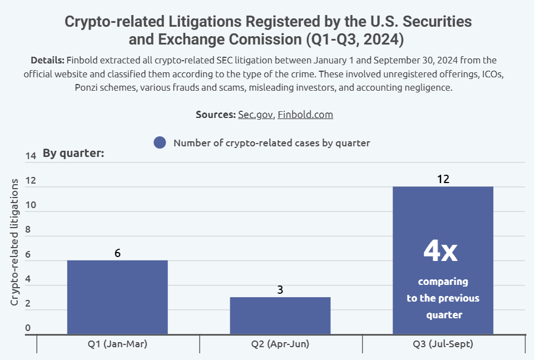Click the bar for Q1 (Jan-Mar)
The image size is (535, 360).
tap(117, 297)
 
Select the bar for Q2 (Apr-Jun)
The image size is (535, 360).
tap(280, 315)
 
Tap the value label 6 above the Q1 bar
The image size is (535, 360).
tap(117, 253)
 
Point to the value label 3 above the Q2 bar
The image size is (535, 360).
tap(280, 290)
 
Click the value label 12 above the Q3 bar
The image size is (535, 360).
tap(443, 179)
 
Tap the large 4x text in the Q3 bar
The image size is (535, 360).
tap(440, 251)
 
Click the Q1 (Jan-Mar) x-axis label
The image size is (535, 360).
tap(117, 344)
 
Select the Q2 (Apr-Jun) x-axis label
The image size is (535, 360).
tap(280, 344)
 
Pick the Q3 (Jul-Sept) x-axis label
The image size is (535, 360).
tap(443, 344)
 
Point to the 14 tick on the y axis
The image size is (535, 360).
tap(31, 156)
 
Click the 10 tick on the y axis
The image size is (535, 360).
tap(31, 205)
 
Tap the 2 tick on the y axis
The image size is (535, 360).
tap(28, 303)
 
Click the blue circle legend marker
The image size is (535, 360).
tap(160, 143)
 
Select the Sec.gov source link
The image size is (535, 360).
tap(256, 115)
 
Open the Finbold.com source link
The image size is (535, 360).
tap(305, 115)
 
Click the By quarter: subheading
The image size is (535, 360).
tap(74, 153)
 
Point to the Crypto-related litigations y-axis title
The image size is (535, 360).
tap(15, 242)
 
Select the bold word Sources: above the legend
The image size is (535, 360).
tap(216, 115)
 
